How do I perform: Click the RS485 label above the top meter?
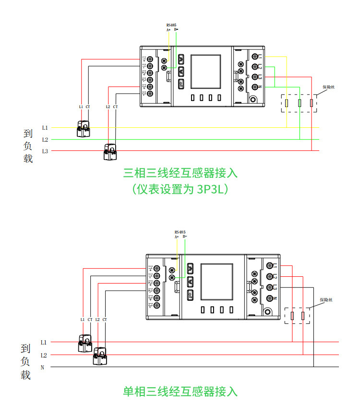pos(171,25)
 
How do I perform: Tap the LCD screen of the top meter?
pos(206,72)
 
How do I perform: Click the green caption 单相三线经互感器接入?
pos(180,392)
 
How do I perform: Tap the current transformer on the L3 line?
pos(110,152)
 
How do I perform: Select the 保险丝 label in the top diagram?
pos(328,87)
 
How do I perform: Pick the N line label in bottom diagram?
pos(42,368)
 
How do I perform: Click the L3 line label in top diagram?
pos(45,151)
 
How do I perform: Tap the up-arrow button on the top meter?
pos(181,60)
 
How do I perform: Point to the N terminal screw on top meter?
pos(255,87)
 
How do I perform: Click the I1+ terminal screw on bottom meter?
pos(158,267)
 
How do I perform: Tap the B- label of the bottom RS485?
pos(185,236)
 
